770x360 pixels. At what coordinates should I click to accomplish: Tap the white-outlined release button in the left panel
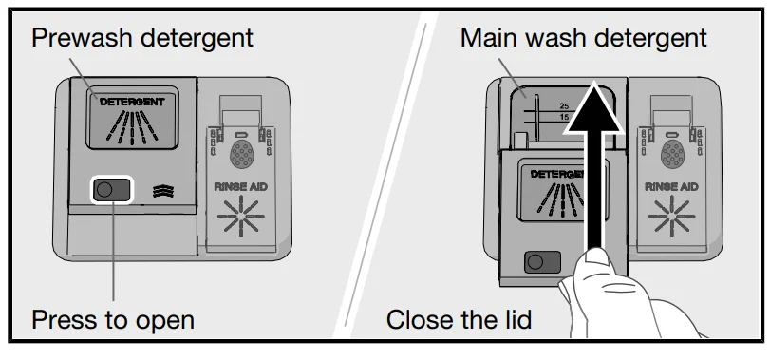pyautogui.click(x=112, y=190)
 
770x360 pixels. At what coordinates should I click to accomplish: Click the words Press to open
pyautogui.click(x=113, y=320)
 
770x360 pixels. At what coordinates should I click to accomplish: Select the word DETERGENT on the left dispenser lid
pyautogui.click(x=132, y=102)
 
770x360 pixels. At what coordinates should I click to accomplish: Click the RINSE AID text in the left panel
pyautogui.click(x=240, y=187)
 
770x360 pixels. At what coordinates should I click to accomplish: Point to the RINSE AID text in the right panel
pyautogui.click(x=671, y=187)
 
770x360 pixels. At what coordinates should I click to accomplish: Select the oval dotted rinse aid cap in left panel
pyautogui.click(x=241, y=155)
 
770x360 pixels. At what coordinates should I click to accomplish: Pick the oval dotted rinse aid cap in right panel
pyautogui.click(x=672, y=155)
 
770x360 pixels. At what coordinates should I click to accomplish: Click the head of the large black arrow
pyautogui.click(x=594, y=109)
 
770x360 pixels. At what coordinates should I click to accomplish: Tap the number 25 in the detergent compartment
pyautogui.click(x=564, y=106)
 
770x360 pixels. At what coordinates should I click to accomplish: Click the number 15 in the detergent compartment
pyautogui.click(x=564, y=117)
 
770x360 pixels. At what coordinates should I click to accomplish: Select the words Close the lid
pyautogui.click(x=459, y=320)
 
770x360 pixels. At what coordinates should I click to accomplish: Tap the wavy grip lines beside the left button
pyautogui.click(x=163, y=191)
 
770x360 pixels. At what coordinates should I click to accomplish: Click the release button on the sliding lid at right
pyautogui.click(x=542, y=262)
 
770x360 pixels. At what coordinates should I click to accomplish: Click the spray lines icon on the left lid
pyautogui.click(x=132, y=127)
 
